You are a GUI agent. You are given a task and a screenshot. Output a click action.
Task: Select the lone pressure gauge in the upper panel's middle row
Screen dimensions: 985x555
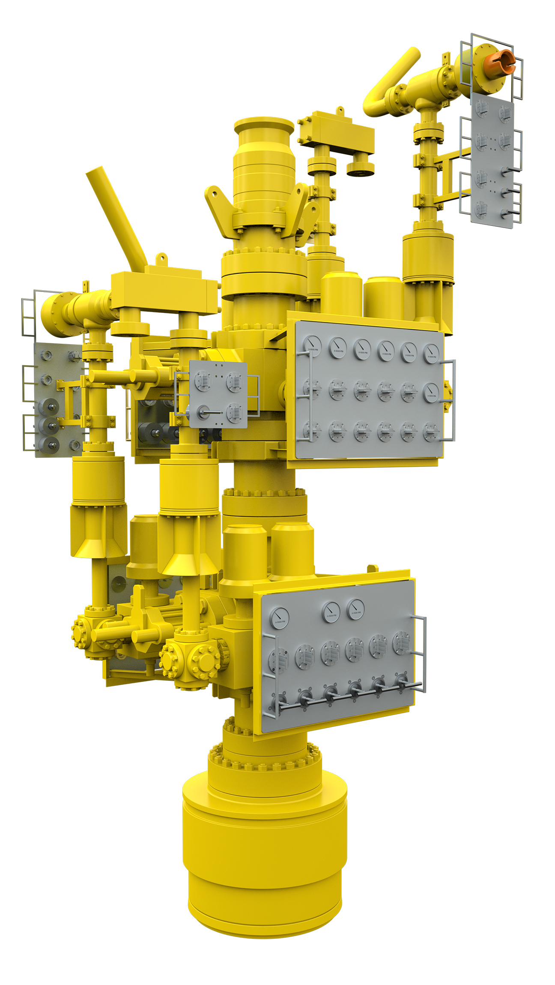431,391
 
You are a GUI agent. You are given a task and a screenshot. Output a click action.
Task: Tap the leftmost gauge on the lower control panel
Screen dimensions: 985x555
280,618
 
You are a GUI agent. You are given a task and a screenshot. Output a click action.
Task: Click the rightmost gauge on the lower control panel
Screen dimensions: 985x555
355,609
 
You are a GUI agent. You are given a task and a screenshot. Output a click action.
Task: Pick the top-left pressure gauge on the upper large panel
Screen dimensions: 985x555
312,345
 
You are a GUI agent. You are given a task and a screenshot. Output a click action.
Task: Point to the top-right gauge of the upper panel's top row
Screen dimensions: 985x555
431,353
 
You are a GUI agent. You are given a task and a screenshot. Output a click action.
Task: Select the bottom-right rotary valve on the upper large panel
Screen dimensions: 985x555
430,432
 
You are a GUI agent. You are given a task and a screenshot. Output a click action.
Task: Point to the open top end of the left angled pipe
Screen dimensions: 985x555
94,171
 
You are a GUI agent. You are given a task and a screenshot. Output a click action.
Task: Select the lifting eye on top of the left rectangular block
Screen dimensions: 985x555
161,258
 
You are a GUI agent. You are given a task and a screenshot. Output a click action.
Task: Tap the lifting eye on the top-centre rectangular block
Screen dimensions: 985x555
340,110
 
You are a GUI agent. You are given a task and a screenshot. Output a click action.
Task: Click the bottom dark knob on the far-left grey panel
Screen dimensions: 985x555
48,444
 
